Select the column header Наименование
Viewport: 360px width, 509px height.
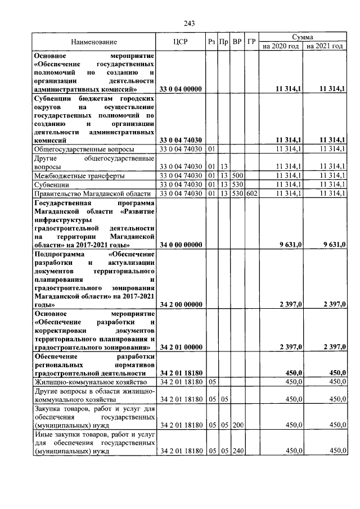pyautogui.click(x=94, y=42)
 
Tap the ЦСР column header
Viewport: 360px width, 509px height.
pyautogui.click(x=180, y=42)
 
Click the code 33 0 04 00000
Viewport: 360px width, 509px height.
pyautogui.click(x=181, y=89)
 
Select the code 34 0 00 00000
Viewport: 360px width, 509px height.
pyautogui.click(x=181, y=244)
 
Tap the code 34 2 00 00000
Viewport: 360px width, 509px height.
pyautogui.click(x=181, y=304)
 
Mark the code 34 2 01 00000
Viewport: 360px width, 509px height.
pyautogui.click(x=181, y=348)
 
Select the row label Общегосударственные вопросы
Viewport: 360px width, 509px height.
pyautogui.click(x=84, y=149)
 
